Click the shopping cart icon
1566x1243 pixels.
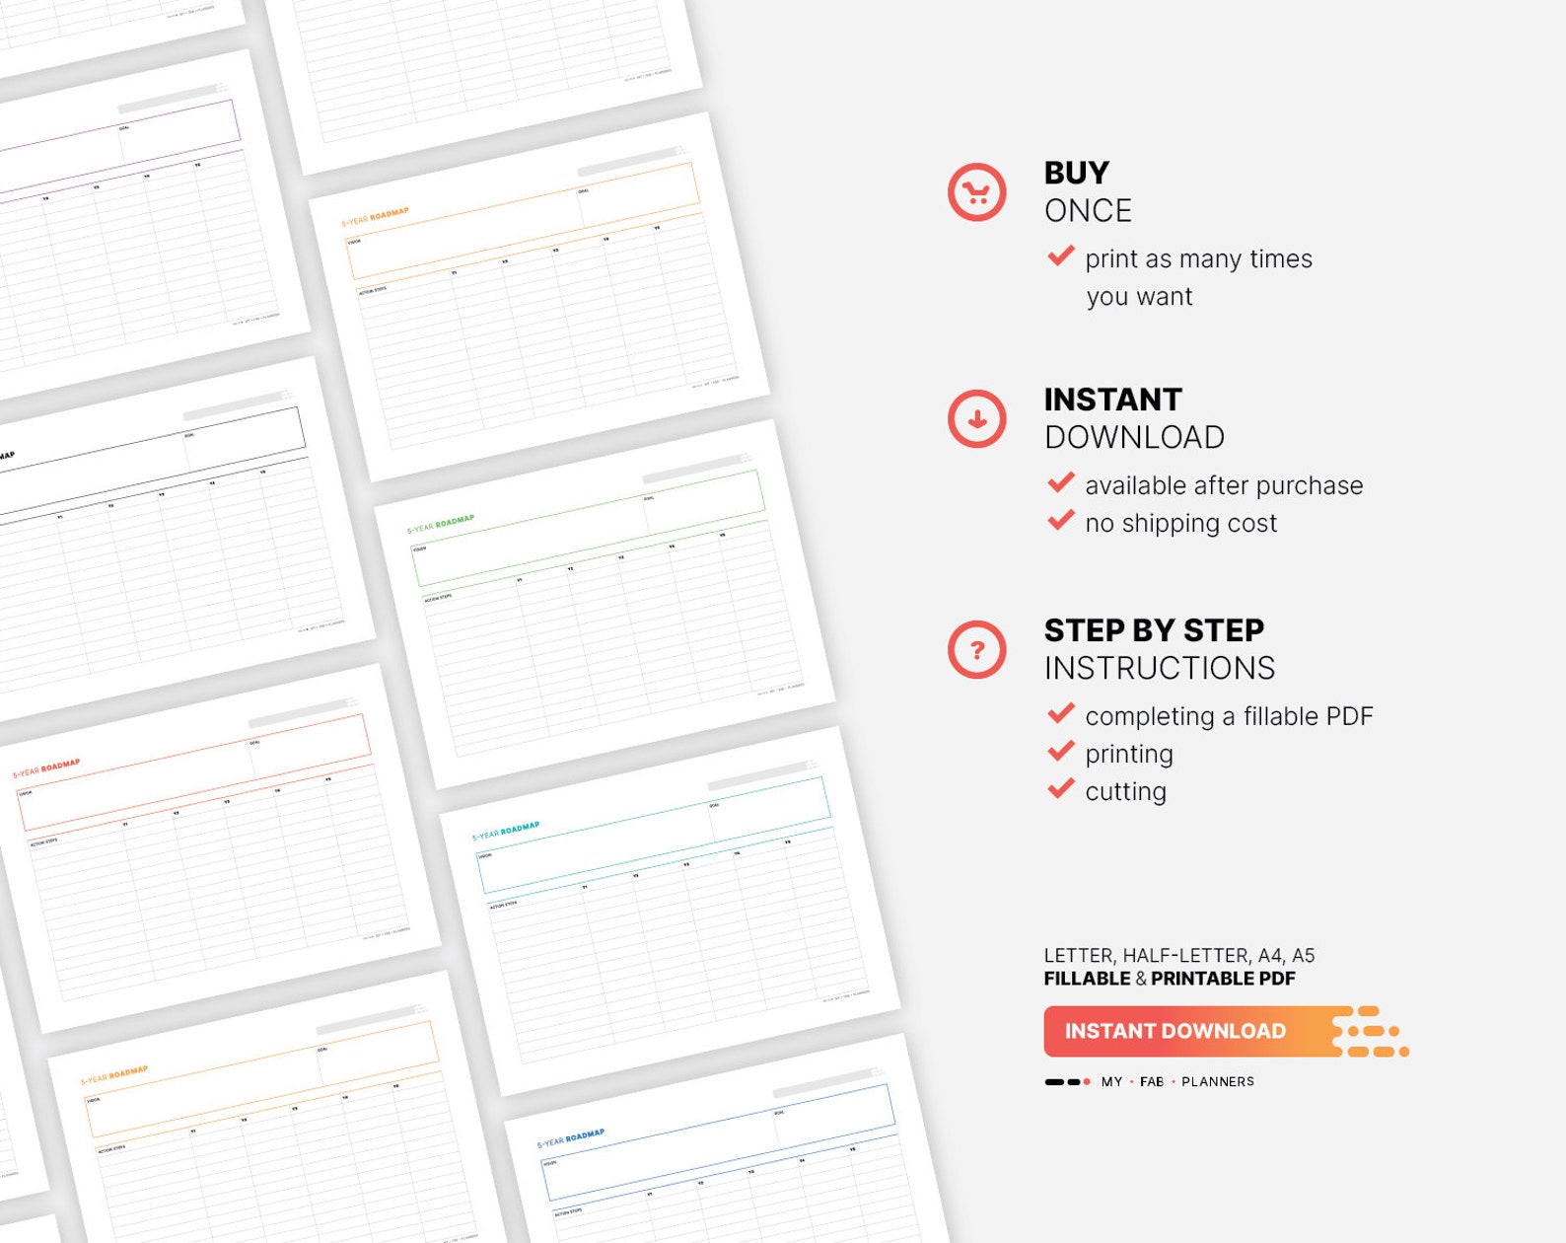coord(976,192)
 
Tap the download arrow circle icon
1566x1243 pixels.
coord(976,419)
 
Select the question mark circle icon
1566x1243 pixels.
coord(976,650)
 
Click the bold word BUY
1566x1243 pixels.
coord(1076,173)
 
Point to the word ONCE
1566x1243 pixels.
coord(1088,211)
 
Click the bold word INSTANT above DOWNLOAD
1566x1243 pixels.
coord(1112,400)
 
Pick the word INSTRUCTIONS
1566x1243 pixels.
coord(1159,669)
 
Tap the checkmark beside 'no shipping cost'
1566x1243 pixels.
coord(1061,521)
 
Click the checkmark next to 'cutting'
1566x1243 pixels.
coord(1061,789)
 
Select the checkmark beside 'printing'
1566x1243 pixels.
coord(1061,752)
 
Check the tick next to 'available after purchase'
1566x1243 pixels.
coord(1061,483)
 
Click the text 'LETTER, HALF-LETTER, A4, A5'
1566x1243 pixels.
coord(1178,955)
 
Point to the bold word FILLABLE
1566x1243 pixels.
coord(1087,979)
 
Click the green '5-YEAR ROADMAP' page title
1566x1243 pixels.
coord(441,524)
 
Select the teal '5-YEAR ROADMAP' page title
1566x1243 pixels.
coord(505,831)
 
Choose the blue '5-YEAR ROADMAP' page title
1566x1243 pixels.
coord(570,1138)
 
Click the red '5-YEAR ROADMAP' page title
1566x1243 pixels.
coord(46,768)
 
